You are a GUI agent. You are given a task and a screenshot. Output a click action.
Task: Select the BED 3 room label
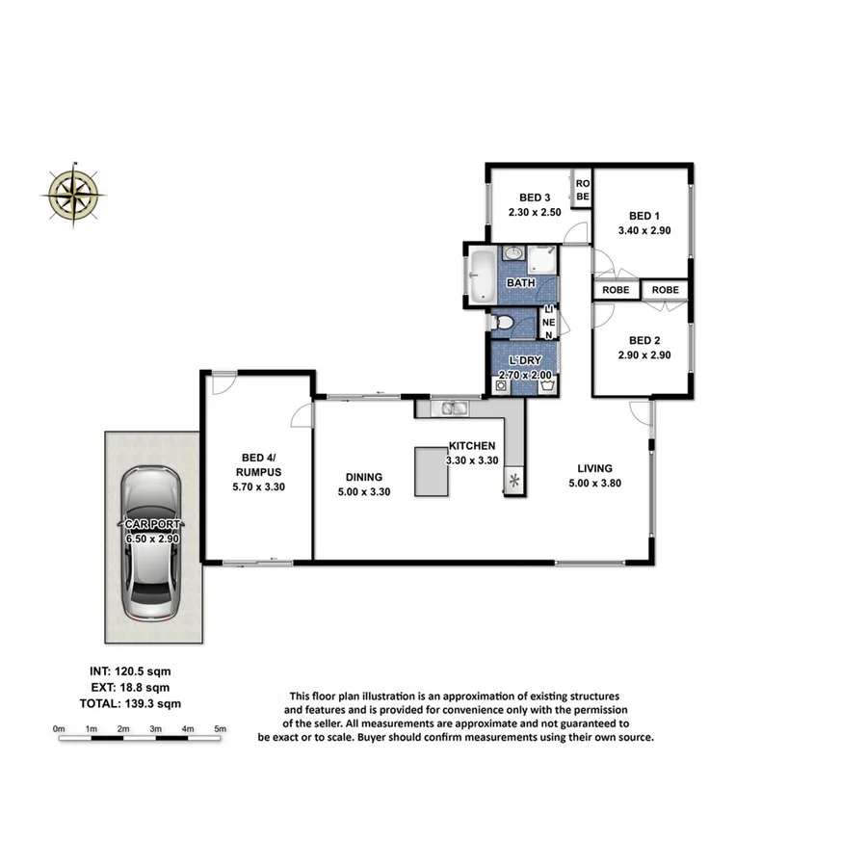tap(535, 197)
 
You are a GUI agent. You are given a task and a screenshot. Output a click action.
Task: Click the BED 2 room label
tap(644, 340)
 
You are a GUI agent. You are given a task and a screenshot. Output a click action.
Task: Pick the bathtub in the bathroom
tap(481, 276)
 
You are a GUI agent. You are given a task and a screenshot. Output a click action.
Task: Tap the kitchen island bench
tap(433, 471)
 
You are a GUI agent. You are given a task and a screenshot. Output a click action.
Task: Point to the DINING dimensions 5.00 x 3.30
tap(364, 493)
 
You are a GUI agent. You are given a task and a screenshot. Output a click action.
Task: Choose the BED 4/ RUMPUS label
tap(258, 465)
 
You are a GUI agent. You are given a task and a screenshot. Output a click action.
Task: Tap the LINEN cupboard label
tap(548, 322)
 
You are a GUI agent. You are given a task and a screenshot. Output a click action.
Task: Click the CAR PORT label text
tap(154, 524)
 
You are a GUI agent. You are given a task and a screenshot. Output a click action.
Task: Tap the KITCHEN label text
tap(472, 446)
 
